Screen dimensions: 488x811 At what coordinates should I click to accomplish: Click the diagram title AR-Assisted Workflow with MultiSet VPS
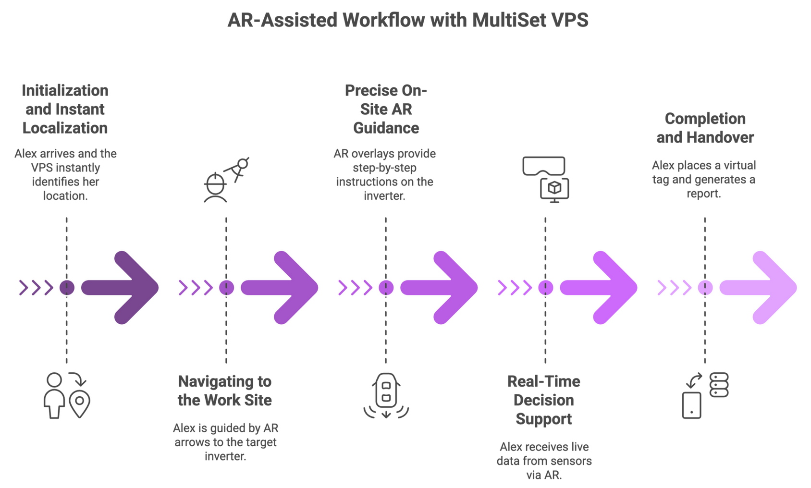click(x=407, y=20)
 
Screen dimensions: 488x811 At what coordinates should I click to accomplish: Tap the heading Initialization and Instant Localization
click(x=65, y=110)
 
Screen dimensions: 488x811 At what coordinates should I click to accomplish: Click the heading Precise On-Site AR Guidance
click(x=386, y=110)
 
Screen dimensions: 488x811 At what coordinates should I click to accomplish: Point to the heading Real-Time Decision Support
click(x=544, y=401)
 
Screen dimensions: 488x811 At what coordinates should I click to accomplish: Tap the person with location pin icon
click(x=67, y=395)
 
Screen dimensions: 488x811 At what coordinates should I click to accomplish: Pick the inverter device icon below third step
click(x=386, y=395)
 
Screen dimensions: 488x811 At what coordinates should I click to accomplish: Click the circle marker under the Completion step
click(x=705, y=288)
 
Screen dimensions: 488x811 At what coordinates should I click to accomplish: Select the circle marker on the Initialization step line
click(x=66, y=288)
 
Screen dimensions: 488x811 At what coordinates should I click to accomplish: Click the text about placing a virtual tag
click(x=704, y=180)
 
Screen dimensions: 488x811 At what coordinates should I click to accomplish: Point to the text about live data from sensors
click(x=544, y=461)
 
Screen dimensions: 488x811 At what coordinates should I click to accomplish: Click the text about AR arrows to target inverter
click(x=225, y=442)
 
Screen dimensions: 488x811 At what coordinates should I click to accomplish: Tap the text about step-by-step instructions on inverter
click(x=385, y=175)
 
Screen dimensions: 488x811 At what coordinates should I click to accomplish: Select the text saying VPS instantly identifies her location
click(x=65, y=175)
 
